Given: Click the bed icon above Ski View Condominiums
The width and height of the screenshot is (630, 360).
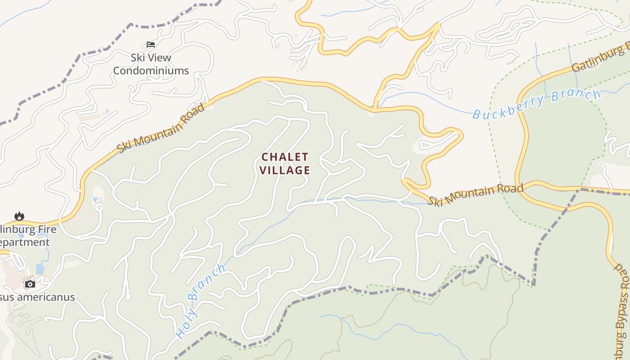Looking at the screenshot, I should click(x=151, y=45).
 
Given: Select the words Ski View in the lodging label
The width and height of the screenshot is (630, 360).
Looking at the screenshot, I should click(x=151, y=58).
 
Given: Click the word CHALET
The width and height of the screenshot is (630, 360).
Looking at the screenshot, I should click(x=285, y=157).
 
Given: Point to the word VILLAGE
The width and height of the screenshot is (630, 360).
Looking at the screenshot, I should click(x=285, y=170).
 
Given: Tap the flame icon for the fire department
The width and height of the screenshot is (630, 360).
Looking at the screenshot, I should click(x=19, y=216).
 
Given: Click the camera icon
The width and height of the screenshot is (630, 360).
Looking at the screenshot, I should click(x=30, y=284).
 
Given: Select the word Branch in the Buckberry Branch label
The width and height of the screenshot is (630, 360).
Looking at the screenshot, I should click(x=576, y=95).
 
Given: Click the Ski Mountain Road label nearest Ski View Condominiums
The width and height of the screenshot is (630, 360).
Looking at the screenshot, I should click(x=160, y=128).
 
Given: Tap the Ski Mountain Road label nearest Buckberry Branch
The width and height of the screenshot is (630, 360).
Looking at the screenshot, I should click(x=475, y=194).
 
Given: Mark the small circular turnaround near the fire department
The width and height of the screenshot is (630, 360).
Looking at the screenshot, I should click(x=99, y=207).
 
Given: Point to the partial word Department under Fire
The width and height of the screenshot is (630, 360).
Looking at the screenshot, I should click(x=25, y=243).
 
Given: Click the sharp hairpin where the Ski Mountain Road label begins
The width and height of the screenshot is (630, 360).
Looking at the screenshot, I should click(x=405, y=181).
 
